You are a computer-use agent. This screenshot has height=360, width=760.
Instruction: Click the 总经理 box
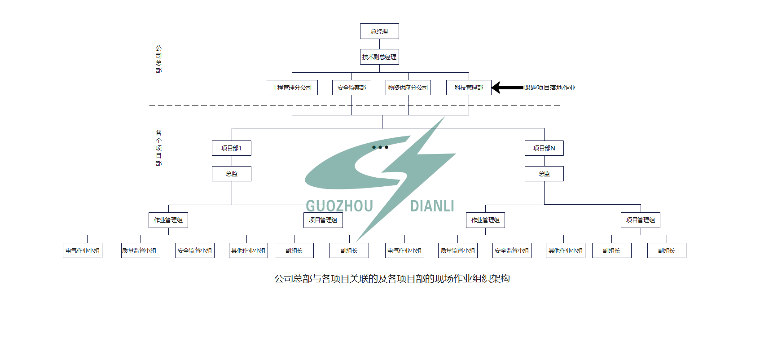click(x=379, y=31)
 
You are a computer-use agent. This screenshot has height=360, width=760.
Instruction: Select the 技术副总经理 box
click(x=379, y=57)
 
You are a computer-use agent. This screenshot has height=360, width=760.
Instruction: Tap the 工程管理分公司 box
click(x=292, y=88)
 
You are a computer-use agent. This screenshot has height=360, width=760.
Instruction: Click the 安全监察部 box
click(x=351, y=88)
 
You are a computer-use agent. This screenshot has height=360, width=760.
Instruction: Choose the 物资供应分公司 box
click(x=408, y=88)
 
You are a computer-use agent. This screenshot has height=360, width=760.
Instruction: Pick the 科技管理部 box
click(x=469, y=88)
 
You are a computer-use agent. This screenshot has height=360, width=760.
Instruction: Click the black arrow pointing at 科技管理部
click(x=507, y=88)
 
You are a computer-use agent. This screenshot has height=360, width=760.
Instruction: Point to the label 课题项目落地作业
click(x=549, y=88)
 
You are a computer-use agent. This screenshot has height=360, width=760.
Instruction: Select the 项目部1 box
click(x=232, y=148)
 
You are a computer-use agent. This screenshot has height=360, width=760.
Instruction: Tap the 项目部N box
click(x=544, y=148)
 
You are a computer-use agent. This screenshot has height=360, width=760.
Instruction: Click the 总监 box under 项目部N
click(x=544, y=174)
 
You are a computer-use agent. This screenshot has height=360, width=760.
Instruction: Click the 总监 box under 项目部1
click(x=232, y=174)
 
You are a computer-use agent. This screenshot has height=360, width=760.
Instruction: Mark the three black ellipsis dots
click(x=380, y=147)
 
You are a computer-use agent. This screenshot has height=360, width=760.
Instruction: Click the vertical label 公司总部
click(x=158, y=59)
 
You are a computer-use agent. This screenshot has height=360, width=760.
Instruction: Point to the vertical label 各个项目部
click(x=158, y=148)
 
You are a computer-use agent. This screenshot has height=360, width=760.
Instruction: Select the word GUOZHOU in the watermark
click(x=339, y=206)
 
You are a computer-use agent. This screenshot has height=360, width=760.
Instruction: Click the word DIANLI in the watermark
click(x=432, y=206)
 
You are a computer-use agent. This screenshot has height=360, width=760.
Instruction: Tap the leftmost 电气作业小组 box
click(x=83, y=250)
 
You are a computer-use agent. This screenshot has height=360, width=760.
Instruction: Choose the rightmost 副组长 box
click(x=667, y=250)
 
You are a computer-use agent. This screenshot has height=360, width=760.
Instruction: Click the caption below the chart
click(x=392, y=279)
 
